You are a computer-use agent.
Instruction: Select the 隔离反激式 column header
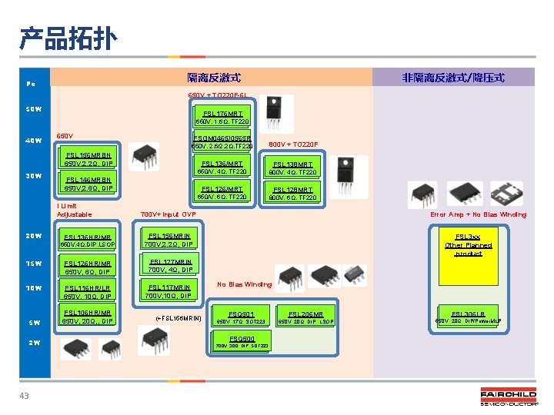tap(214, 78)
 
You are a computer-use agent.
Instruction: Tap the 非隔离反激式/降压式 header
tap(453, 78)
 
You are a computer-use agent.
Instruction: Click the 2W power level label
tap(33, 344)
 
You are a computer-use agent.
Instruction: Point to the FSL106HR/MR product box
tap(88, 317)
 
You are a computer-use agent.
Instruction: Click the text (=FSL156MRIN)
tap(178, 317)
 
